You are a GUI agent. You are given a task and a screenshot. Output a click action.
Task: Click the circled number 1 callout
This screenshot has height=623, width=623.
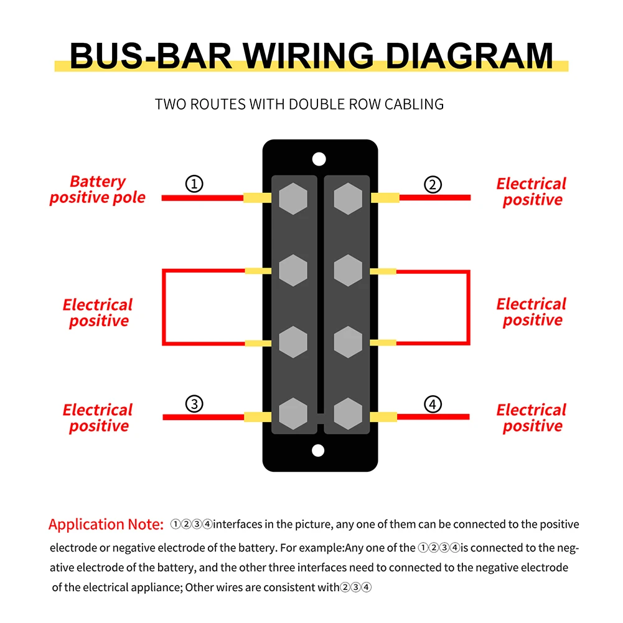click(195, 184)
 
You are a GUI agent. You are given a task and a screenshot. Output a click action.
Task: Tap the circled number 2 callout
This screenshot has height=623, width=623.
click(433, 184)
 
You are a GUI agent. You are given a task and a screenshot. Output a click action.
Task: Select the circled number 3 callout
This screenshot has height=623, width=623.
click(195, 404)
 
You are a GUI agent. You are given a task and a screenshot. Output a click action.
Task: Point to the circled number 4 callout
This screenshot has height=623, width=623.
click(433, 404)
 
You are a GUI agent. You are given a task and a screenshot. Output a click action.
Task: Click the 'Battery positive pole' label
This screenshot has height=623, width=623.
click(98, 190)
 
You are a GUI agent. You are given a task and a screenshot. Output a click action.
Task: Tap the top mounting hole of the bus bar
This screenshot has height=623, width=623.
click(319, 159)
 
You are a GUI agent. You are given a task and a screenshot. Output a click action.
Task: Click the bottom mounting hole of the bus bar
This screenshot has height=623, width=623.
click(319, 450)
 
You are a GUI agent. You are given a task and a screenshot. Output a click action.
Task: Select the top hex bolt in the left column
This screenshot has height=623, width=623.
click(294, 199)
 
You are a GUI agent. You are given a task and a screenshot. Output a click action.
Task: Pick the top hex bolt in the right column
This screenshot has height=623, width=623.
click(347, 199)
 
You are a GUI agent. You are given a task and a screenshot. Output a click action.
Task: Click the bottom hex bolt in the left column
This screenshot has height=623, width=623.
click(294, 414)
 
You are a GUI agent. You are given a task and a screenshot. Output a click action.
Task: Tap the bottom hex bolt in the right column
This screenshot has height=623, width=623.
click(347, 414)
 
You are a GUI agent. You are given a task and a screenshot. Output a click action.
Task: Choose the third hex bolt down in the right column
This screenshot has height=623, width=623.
click(347, 342)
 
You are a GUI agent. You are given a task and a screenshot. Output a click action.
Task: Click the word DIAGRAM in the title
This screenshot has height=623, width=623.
click(469, 56)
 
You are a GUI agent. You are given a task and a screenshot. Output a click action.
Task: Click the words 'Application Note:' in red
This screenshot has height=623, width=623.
click(106, 524)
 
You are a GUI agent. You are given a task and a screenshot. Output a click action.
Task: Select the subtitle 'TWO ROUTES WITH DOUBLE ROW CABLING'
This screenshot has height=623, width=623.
click(299, 104)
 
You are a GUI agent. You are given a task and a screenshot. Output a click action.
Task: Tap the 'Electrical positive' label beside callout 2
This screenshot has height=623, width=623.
click(532, 192)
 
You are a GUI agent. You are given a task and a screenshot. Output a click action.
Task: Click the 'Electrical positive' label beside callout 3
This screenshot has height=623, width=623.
click(98, 418)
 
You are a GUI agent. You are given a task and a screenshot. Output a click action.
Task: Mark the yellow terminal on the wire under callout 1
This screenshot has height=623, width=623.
click(257, 198)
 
